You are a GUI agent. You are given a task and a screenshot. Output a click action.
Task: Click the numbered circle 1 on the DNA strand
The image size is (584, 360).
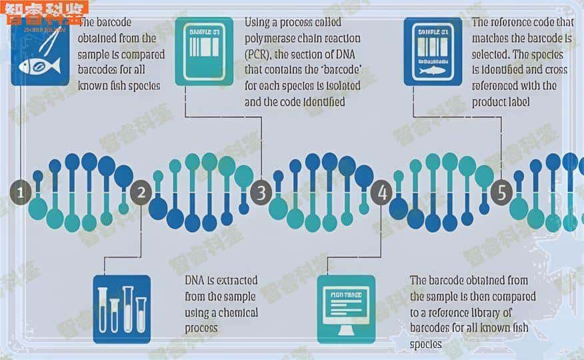[21, 193]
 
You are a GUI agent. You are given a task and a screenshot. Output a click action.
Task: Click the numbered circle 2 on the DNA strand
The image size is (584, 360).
[141, 193]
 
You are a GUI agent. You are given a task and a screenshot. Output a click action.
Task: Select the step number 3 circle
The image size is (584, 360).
[261, 193]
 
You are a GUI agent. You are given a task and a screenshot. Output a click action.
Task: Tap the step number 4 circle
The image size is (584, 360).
[382, 193]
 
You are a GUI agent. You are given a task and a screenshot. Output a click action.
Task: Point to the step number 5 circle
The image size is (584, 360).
[502, 193]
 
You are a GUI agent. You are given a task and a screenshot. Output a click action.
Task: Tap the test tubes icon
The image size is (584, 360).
[121, 309]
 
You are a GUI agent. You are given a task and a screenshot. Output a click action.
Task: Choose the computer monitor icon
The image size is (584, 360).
[346, 309]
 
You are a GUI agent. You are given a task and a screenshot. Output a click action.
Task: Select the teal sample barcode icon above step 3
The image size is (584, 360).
[204, 51]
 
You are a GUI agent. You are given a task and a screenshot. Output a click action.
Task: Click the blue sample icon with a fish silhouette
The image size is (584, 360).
[433, 51]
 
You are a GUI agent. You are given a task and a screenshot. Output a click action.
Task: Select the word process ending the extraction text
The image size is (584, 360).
[201, 328]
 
